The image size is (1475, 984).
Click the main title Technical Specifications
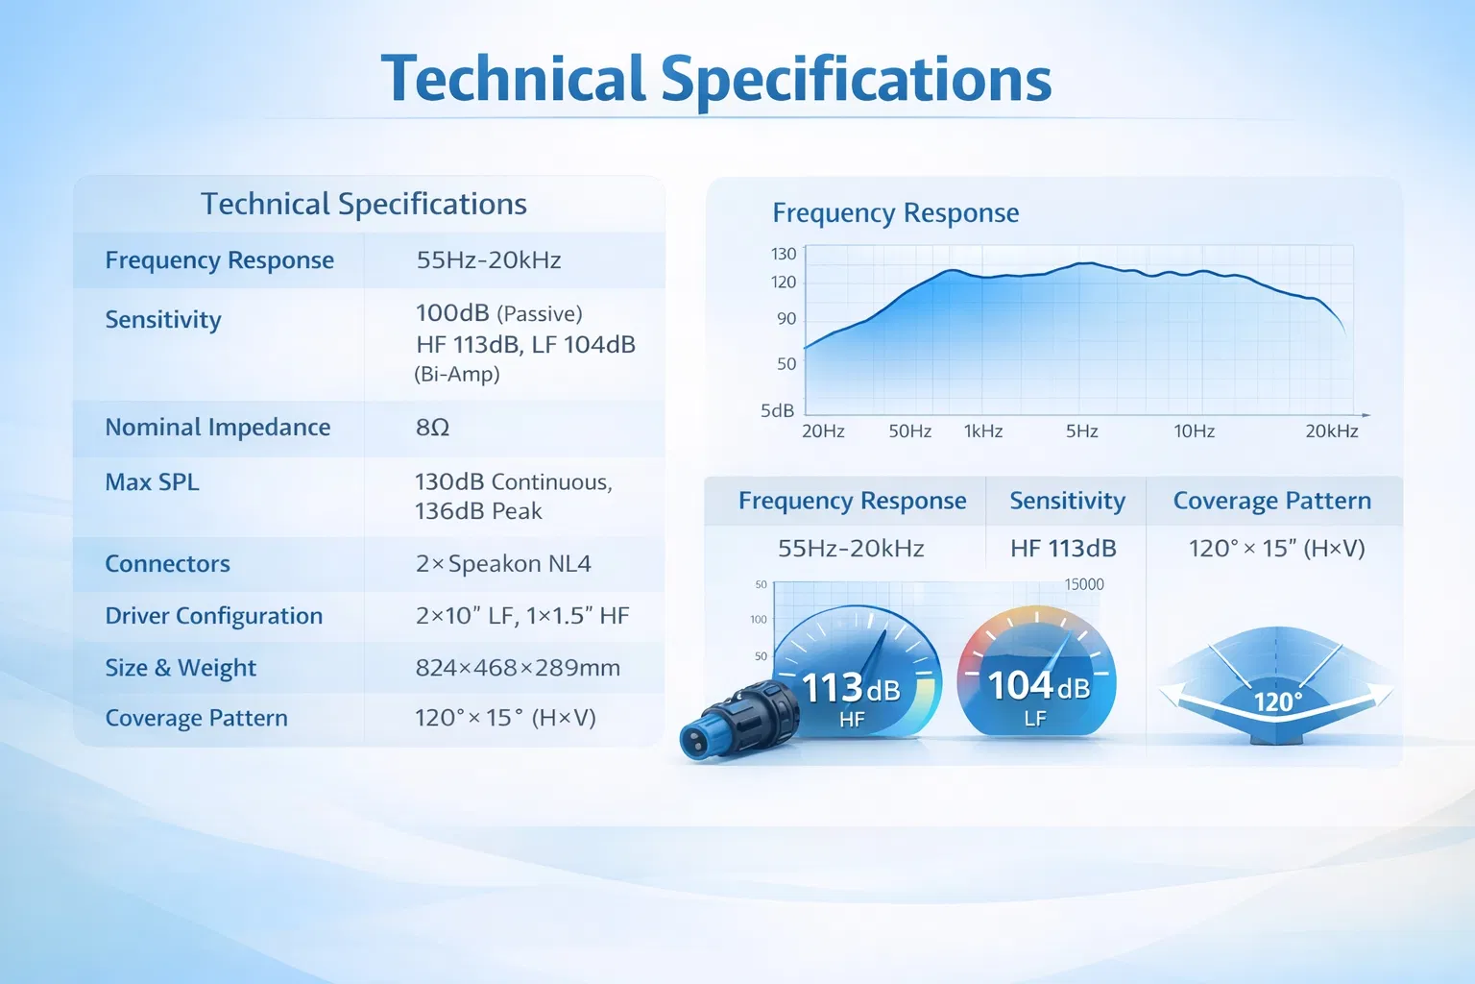[x=715, y=80]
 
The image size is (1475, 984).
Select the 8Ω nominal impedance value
[x=433, y=427]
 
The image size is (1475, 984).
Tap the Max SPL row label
[x=152, y=481]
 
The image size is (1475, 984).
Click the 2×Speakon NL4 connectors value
[x=503, y=563]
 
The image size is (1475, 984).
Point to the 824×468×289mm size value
[x=518, y=668]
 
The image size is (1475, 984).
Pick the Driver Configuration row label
[x=214, y=616]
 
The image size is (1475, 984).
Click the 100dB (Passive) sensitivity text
[x=499, y=313]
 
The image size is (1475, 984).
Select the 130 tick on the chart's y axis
[x=784, y=254]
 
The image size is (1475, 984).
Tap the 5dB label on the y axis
[x=778, y=410]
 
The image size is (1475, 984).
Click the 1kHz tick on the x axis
[x=983, y=431]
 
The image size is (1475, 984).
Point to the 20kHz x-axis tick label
[x=1332, y=431]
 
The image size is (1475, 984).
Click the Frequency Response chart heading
[x=896, y=213]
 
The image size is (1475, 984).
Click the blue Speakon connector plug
[x=738, y=720]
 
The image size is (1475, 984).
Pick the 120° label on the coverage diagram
[x=1278, y=701]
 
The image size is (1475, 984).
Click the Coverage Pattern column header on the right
[x=1272, y=501]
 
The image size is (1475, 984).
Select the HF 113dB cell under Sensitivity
[x=1063, y=549]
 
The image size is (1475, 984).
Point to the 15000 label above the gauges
[x=1084, y=584]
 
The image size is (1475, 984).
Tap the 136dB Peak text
[x=478, y=511]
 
